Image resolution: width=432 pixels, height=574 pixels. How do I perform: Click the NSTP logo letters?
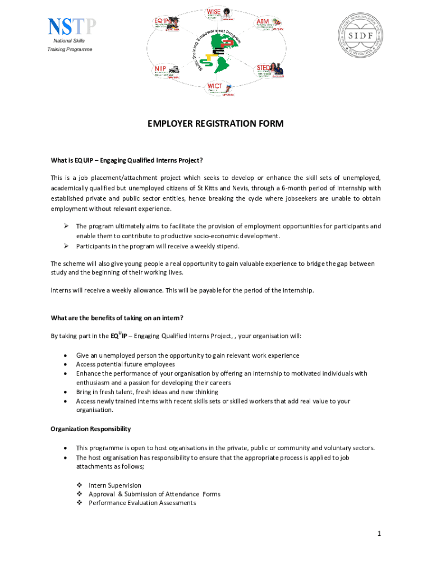click(72, 27)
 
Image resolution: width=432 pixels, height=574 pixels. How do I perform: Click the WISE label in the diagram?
click(214, 12)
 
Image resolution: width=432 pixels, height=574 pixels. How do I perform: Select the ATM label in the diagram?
click(262, 21)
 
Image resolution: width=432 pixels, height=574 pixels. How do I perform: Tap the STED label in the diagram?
click(263, 68)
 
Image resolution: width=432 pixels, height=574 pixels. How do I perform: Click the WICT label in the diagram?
click(215, 86)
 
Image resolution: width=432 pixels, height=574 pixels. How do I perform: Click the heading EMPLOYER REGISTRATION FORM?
click(215, 123)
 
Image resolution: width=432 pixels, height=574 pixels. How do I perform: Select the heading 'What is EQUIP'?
click(127, 160)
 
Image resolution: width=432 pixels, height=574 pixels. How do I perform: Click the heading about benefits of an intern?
click(117, 318)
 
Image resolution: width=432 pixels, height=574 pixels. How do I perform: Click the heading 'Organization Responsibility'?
click(91, 429)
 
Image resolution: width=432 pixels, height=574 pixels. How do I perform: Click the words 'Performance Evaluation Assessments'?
click(143, 503)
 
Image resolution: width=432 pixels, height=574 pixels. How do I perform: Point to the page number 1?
click(379, 534)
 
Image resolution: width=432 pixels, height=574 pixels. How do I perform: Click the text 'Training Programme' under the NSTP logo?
click(70, 50)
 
